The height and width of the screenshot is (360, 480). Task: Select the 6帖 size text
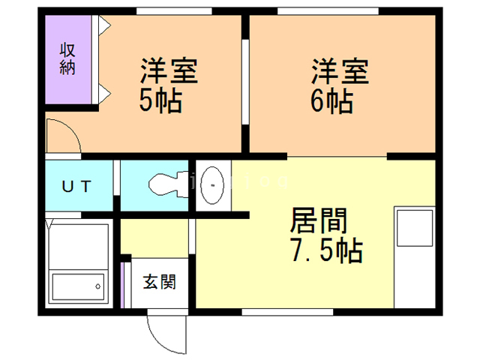pos(331,101)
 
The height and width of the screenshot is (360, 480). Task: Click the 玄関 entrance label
pos(159,283)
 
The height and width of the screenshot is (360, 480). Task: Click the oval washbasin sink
pos(213,182)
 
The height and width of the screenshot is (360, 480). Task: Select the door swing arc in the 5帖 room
pos(61,135)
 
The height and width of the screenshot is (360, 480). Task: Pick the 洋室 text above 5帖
pos(168,73)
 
